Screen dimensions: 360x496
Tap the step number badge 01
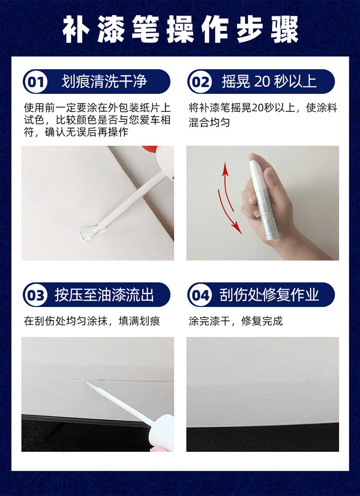(36, 82)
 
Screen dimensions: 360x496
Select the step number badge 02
(201, 82)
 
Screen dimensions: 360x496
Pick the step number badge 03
(36, 295)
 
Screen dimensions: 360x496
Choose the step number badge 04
(201, 295)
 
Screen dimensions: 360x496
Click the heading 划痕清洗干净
(104, 82)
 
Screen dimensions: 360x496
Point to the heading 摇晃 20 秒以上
(269, 82)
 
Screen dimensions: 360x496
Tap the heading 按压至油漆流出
(104, 295)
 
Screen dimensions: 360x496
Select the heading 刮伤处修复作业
(269, 295)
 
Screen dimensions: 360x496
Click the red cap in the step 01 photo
(149, 149)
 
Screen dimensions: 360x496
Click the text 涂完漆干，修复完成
(236, 321)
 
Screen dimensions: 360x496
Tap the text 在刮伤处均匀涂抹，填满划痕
(92, 321)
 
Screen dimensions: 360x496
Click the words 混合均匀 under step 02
(209, 122)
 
